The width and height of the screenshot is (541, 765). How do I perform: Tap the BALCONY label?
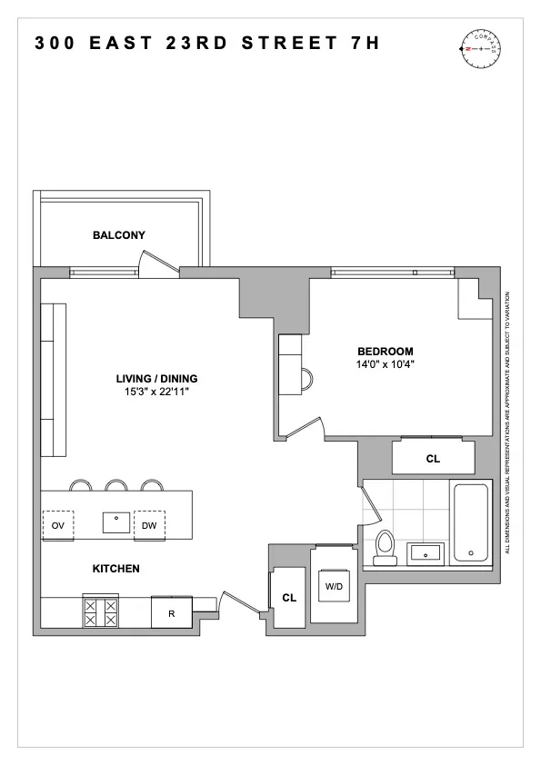[118, 235]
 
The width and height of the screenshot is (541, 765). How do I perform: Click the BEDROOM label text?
[385, 352]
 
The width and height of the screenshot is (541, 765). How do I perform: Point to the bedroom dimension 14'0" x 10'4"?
[385, 364]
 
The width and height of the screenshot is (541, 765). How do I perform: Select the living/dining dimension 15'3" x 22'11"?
[156, 392]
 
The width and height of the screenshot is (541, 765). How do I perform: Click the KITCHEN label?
[115, 569]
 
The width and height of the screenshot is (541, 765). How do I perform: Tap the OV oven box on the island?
[57, 524]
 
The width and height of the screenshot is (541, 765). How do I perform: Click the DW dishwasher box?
[149, 524]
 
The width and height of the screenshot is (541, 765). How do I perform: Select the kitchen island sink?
[116, 522]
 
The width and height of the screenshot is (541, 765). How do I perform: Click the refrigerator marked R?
[171, 612]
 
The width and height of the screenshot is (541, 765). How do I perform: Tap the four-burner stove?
[101, 611]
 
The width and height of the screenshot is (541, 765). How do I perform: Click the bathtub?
[471, 522]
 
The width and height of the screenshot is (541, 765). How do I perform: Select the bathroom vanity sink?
[425, 551]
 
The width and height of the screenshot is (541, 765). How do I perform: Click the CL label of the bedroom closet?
[433, 460]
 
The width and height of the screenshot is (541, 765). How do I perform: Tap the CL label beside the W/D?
[289, 598]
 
